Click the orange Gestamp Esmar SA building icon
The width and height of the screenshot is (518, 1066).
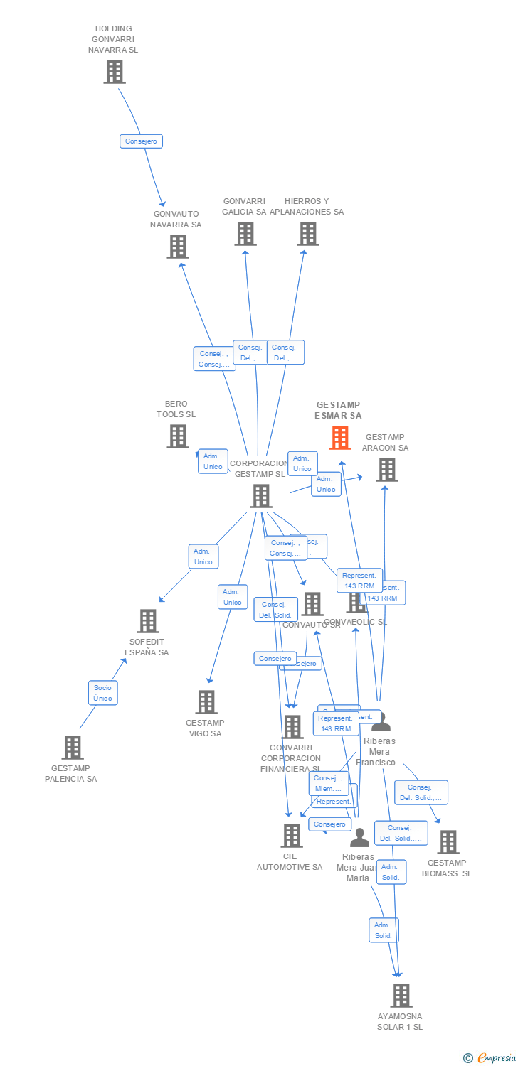tap(340, 438)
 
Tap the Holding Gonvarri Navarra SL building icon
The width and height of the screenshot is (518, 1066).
tap(115, 72)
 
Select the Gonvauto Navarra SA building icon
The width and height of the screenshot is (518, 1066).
tap(177, 247)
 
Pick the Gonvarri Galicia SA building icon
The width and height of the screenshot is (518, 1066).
tap(245, 234)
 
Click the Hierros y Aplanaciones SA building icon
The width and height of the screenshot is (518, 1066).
tap(307, 234)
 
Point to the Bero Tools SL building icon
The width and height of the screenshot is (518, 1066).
tap(177, 436)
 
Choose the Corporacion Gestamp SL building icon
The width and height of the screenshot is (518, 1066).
tap(261, 496)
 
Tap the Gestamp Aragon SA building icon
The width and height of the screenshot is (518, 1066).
tap(386, 470)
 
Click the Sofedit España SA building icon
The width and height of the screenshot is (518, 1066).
tap(147, 621)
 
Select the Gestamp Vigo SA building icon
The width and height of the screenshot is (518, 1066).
tap(206, 702)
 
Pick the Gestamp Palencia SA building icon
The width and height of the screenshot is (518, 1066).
tap(72, 748)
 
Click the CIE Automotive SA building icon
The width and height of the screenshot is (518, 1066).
tap(292, 836)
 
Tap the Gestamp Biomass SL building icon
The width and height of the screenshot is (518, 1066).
tap(448, 842)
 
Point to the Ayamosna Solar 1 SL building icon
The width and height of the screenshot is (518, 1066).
tap(401, 996)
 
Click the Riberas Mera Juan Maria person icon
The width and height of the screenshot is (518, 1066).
tap(359, 838)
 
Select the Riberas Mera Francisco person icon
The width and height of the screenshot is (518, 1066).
tap(381, 721)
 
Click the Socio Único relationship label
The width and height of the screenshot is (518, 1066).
tap(102, 693)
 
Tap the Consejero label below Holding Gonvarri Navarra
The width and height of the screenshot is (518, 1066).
tap(141, 141)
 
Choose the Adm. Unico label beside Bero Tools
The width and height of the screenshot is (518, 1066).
tap(213, 461)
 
